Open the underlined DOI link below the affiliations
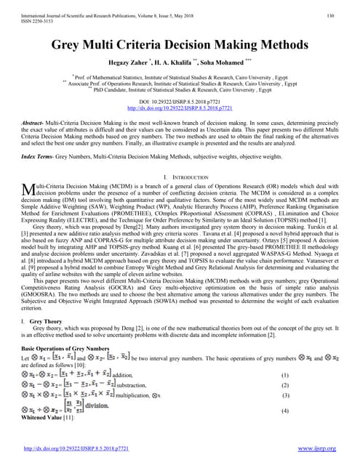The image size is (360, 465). [x=179, y=108]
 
